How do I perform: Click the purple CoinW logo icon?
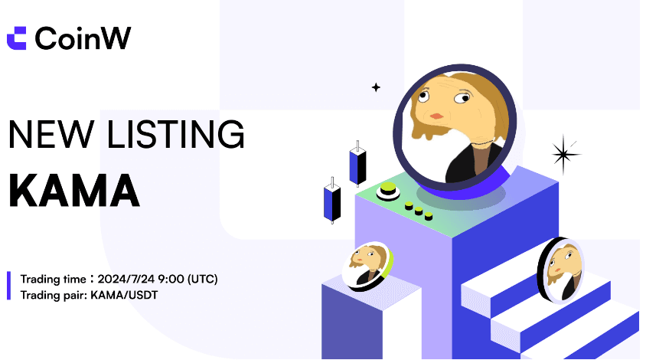pos(16,38)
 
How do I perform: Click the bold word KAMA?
pos(73,191)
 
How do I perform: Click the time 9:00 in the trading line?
pos(171,279)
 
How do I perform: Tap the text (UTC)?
pos(203,279)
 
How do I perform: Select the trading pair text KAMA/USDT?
pos(119,295)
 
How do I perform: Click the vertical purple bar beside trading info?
pos(8,286)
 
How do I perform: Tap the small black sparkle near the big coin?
pos(376,87)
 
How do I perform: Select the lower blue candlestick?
pos(331,199)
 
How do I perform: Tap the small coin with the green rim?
pos(368,265)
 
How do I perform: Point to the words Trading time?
pos(51,279)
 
